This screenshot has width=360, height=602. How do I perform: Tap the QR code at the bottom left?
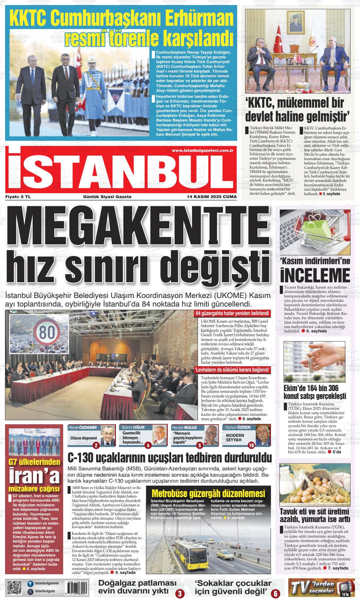tap(14, 588)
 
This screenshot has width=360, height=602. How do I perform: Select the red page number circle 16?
tap(251, 445)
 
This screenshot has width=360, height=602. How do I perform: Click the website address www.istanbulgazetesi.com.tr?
tap(202, 151)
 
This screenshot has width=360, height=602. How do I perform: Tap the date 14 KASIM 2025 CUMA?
tap(212, 197)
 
